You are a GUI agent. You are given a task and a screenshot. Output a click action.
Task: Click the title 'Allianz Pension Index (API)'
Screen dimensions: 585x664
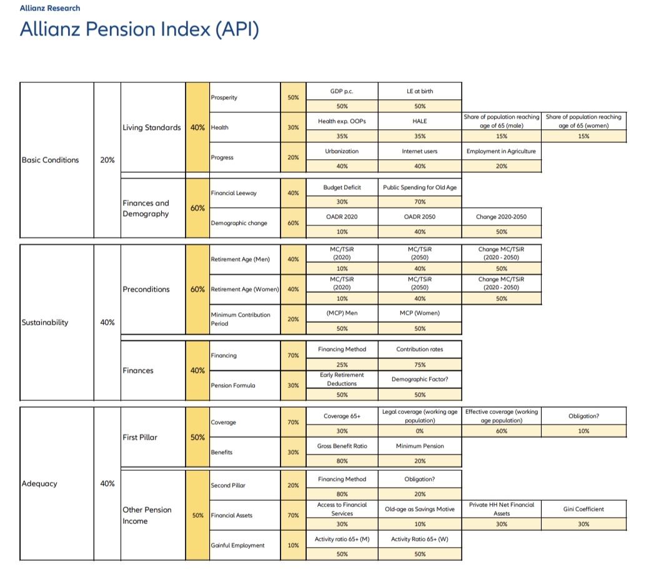139,29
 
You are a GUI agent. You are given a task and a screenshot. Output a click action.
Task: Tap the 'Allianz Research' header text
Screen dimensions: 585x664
50,8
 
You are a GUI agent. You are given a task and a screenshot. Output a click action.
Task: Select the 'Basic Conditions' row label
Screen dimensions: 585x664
51,160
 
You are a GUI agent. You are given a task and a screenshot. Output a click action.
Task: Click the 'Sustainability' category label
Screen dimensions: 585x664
45,323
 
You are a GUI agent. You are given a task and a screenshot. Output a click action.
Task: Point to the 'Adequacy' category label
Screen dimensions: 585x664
39,483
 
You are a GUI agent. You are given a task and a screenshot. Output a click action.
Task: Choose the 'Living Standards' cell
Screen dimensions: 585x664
152,127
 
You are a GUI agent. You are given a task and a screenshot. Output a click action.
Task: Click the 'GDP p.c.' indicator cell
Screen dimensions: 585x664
342,91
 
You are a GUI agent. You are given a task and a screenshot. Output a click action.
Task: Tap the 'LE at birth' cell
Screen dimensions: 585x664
420,91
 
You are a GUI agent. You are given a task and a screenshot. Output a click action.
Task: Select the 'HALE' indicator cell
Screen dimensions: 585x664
420,121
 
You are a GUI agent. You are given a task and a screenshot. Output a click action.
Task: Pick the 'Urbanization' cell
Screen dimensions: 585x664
342,151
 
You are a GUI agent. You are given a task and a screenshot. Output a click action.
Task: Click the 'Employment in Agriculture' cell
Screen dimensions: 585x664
501,151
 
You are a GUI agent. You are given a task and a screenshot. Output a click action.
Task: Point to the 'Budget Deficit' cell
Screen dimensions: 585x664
342,187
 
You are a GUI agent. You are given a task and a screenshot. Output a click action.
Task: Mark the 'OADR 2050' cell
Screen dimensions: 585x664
420,217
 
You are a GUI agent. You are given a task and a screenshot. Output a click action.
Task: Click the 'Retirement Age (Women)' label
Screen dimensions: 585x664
244,290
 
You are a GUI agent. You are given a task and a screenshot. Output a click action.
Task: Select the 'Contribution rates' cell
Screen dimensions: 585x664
420,349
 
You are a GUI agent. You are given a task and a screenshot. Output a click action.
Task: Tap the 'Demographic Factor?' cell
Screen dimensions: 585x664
420,379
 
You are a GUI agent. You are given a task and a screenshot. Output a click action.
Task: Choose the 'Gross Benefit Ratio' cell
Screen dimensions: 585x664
342,446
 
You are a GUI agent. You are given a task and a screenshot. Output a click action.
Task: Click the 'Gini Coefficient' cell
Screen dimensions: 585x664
583,509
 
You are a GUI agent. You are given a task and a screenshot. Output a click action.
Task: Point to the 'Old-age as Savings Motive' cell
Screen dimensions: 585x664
420,509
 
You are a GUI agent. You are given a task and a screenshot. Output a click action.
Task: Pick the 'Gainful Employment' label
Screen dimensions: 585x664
238,545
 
